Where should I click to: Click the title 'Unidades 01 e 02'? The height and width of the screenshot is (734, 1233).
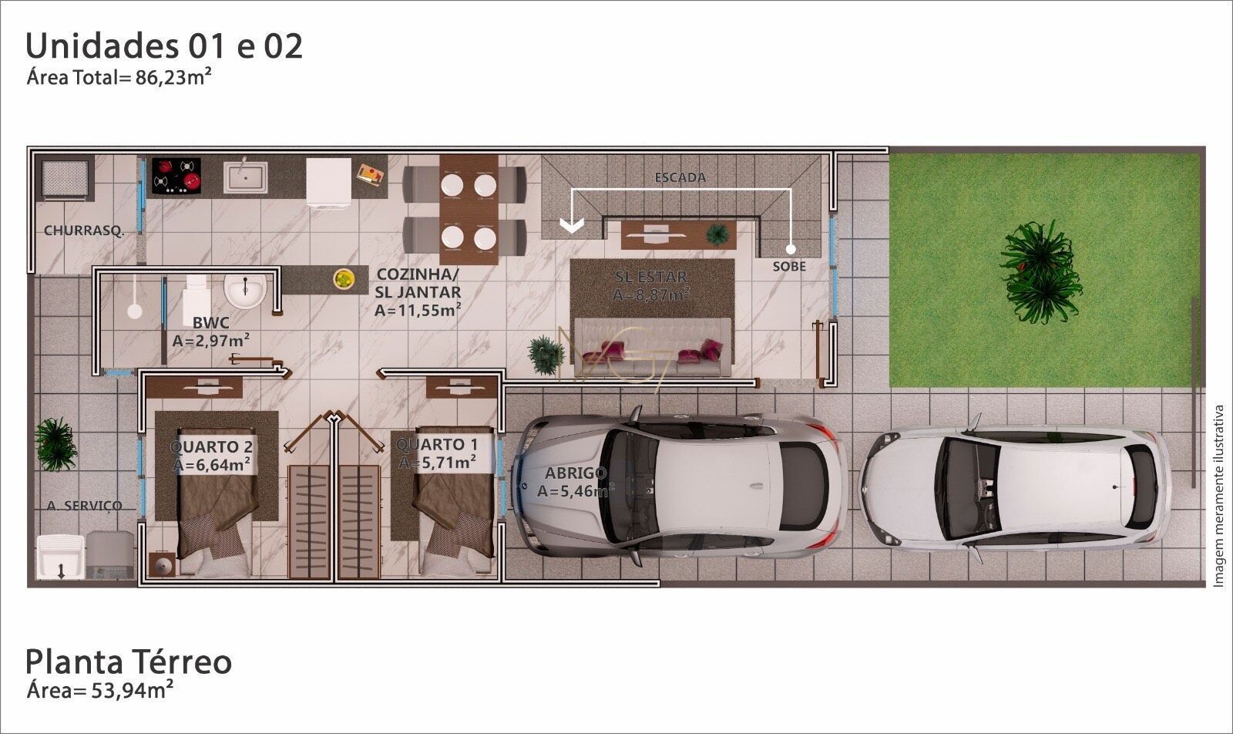tap(164, 46)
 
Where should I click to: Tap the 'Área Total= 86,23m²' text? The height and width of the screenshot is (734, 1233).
tap(119, 77)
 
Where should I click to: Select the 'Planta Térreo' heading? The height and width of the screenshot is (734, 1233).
tap(128, 662)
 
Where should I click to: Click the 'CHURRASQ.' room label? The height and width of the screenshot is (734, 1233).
tap(84, 231)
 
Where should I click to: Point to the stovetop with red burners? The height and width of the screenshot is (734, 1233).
tap(176, 177)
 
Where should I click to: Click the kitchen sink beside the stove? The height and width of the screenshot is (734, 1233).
tap(246, 177)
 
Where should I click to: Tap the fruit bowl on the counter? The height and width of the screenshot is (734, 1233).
tap(344, 279)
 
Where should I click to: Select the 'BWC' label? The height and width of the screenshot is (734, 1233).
tap(211, 322)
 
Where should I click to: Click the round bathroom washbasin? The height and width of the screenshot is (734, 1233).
tap(245, 291)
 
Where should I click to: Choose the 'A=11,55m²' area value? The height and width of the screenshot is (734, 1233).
tap(418, 310)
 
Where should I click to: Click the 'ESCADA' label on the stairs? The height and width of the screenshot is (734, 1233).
tap(680, 177)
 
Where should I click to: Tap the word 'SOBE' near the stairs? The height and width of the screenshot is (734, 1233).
tap(789, 267)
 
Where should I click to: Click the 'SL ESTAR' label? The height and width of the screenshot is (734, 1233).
tap(650, 276)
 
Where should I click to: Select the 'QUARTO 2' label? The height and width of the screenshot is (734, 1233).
tap(211, 447)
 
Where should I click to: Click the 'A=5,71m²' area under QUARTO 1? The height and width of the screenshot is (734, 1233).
tap(437, 463)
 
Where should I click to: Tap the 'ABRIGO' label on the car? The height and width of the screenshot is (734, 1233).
tap(576, 473)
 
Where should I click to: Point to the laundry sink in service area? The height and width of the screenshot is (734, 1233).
tap(60, 557)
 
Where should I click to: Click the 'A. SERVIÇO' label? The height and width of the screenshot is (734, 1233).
tap(85, 506)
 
